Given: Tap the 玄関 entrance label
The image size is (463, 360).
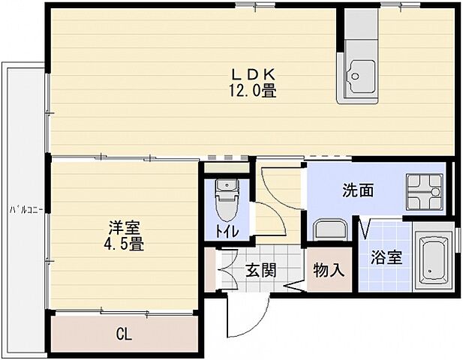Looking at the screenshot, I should [x=260, y=269].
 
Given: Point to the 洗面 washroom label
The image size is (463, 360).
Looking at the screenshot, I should [x=358, y=191].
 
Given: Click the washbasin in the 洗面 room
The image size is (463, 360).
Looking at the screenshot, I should [x=327, y=229].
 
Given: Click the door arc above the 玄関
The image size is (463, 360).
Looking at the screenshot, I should [x=274, y=187].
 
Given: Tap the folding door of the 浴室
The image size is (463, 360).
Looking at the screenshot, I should [x=366, y=226].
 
